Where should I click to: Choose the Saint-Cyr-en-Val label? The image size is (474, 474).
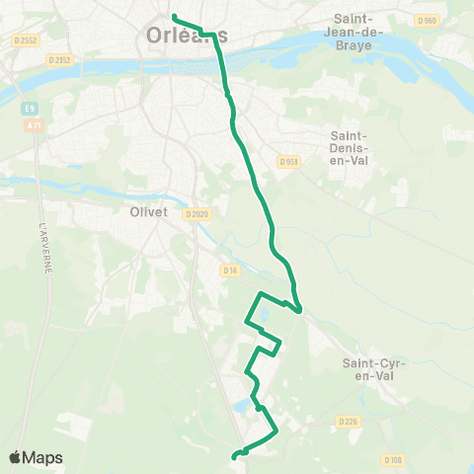tap(369, 369)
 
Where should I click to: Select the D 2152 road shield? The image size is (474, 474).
tap(60, 59)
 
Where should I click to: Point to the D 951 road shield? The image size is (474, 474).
tap(288, 162)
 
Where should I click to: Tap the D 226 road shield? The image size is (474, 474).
tap(347, 421)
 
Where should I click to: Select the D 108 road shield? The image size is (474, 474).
tap(393, 459)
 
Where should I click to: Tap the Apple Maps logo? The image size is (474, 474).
tap(37, 457)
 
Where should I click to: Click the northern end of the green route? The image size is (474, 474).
tap(174, 17)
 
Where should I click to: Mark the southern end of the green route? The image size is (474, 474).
tap(234, 456)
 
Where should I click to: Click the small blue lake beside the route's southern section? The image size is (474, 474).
tap(242, 406)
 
